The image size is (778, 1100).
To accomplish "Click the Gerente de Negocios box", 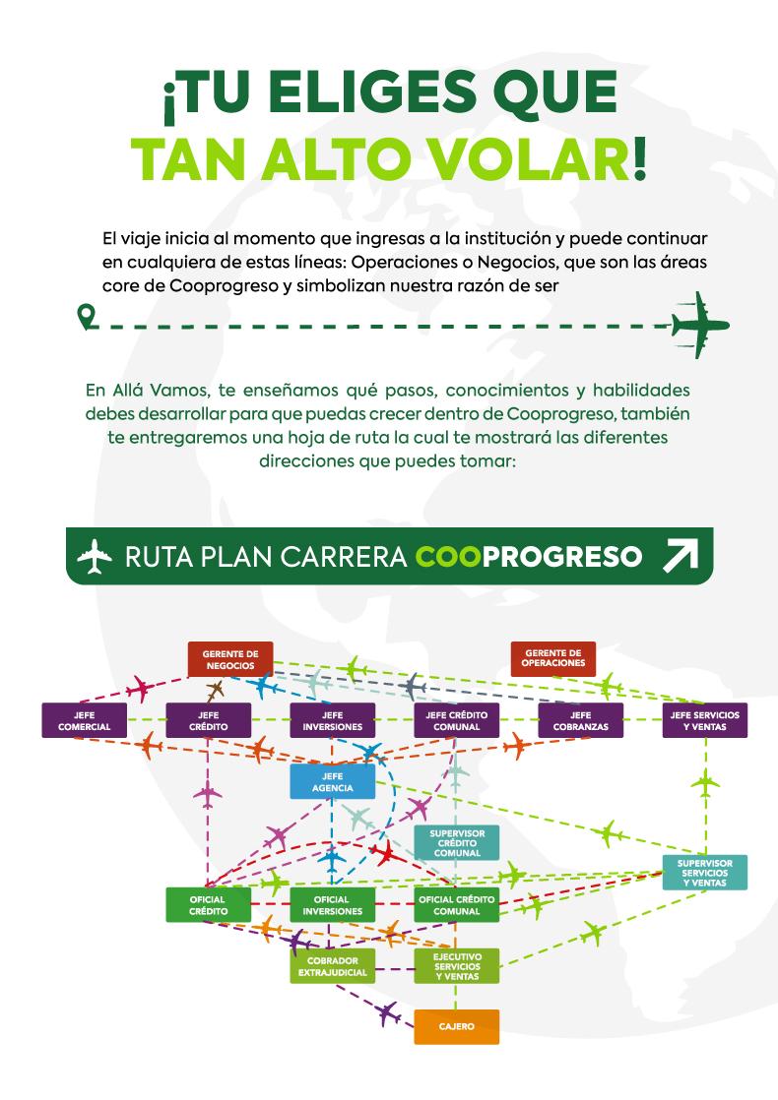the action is click(x=229, y=658).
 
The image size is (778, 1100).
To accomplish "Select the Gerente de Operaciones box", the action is click(x=552, y=658).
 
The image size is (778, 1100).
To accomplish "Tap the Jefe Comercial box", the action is click(x=84, y=720).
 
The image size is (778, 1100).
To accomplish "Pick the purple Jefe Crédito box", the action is click(x=208, y=720).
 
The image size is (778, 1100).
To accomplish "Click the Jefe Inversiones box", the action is click(x=332, y=720).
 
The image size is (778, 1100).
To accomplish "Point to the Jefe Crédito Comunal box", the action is click(x=456, y=720).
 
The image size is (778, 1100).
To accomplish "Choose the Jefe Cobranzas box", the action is click(x=580, y=720).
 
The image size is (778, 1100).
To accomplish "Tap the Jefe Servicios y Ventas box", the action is click(x=704, y=720).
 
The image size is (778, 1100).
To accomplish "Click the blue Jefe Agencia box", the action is click(x=332, y=782).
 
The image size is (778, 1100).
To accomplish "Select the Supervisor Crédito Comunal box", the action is click(x=456, y=842).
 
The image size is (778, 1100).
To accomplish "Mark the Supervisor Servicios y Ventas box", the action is click(x=704, y=873).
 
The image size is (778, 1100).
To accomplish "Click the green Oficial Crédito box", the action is click(x=208, y=905).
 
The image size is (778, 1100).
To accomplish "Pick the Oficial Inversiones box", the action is click(x=332, y=905).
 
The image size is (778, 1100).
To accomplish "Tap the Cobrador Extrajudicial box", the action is click(x=332, y=966).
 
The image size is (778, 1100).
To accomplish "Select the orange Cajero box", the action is click(x=456, y=1026).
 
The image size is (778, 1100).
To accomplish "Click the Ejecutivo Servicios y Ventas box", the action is click(x=456, y=966).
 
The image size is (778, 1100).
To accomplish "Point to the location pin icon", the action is click(x=87, y=316).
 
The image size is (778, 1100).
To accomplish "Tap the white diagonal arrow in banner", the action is click(x=681, y=556).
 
